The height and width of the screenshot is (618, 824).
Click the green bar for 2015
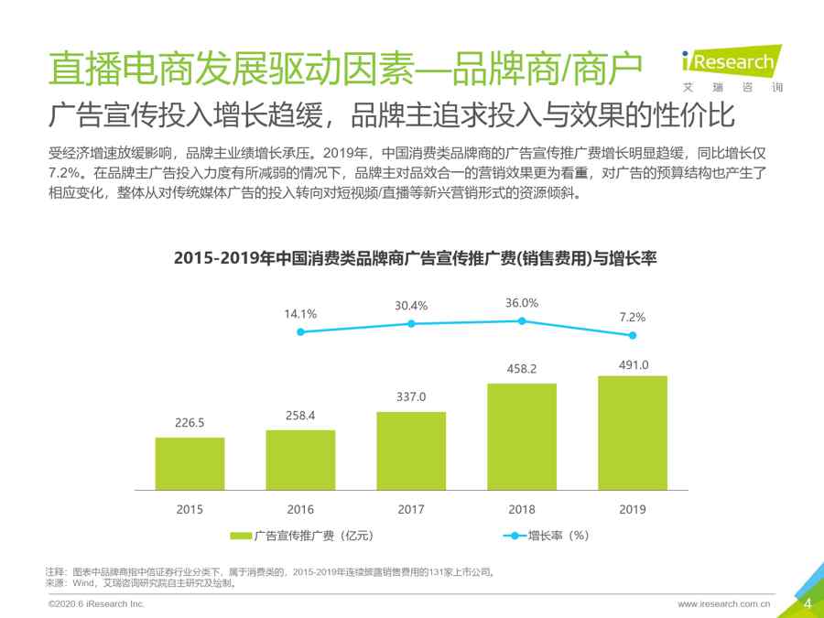coord(190,463)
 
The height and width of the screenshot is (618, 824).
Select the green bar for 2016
coord(300,460)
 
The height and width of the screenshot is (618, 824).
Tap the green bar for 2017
coord(411,450)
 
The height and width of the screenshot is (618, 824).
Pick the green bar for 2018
coord(522,436)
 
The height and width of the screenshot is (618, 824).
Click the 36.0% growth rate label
coord(522,303)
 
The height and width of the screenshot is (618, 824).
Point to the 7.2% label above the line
coord(633,318)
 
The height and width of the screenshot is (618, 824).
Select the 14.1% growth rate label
coord(300,314)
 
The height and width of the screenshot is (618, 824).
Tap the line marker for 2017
coord(411,324)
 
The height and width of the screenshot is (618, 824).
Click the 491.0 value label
coord(633,364)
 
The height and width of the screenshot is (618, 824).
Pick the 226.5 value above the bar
coord(190,424)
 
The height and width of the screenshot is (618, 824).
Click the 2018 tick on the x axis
coord(522,509)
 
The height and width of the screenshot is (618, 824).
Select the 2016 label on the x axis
coord(300,509)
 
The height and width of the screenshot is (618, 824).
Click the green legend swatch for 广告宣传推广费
coord(241,536)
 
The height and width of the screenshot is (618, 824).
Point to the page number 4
coord(808,603)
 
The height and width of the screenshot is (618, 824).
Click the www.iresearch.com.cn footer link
coord(723,604)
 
